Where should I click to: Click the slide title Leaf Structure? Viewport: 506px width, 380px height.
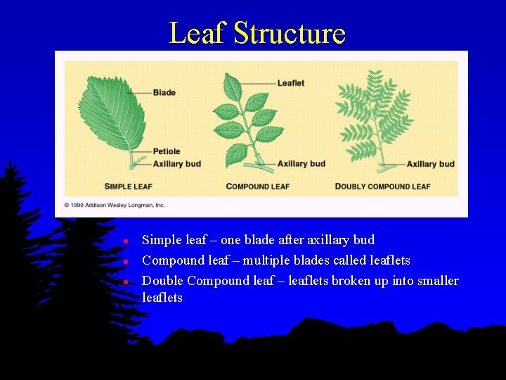click(257, 33)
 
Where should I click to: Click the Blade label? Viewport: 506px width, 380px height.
click(164, 93)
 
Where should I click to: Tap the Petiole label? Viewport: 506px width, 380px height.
click(167, 151)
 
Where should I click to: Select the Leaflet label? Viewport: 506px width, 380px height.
click(290, 83)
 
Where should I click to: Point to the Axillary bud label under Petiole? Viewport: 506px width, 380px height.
click(176, 164)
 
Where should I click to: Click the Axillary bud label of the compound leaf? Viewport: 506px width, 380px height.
click(301, 164)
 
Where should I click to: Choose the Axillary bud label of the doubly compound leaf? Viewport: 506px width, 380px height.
click(430, 164)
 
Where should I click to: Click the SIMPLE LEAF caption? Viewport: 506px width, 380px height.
click(129, 186)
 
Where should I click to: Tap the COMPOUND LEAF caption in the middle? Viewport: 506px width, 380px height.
click(257, 186)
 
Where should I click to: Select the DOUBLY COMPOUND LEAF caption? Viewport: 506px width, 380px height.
click(382, 186)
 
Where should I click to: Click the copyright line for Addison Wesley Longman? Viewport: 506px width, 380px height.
click(115, 205)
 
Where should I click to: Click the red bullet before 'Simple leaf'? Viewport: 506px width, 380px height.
click(124, 241)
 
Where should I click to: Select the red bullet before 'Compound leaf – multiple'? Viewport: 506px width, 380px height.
click(124, 261)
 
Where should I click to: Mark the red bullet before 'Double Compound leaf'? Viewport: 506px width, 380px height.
click(124, 281)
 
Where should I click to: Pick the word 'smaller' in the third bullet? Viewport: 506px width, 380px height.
click(437, 281)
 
